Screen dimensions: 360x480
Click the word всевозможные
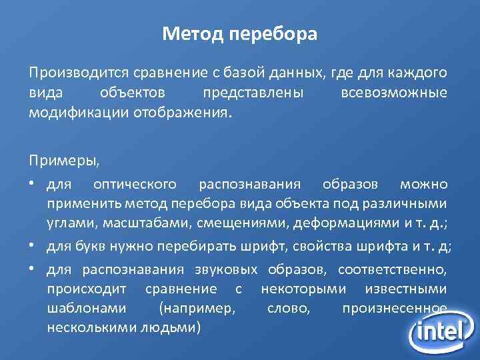tap(393, 92)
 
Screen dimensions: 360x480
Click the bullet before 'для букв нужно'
tap(32, 245)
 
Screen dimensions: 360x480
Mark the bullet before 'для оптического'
tap(32, 183)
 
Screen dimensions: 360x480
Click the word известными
tap(407, 289)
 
